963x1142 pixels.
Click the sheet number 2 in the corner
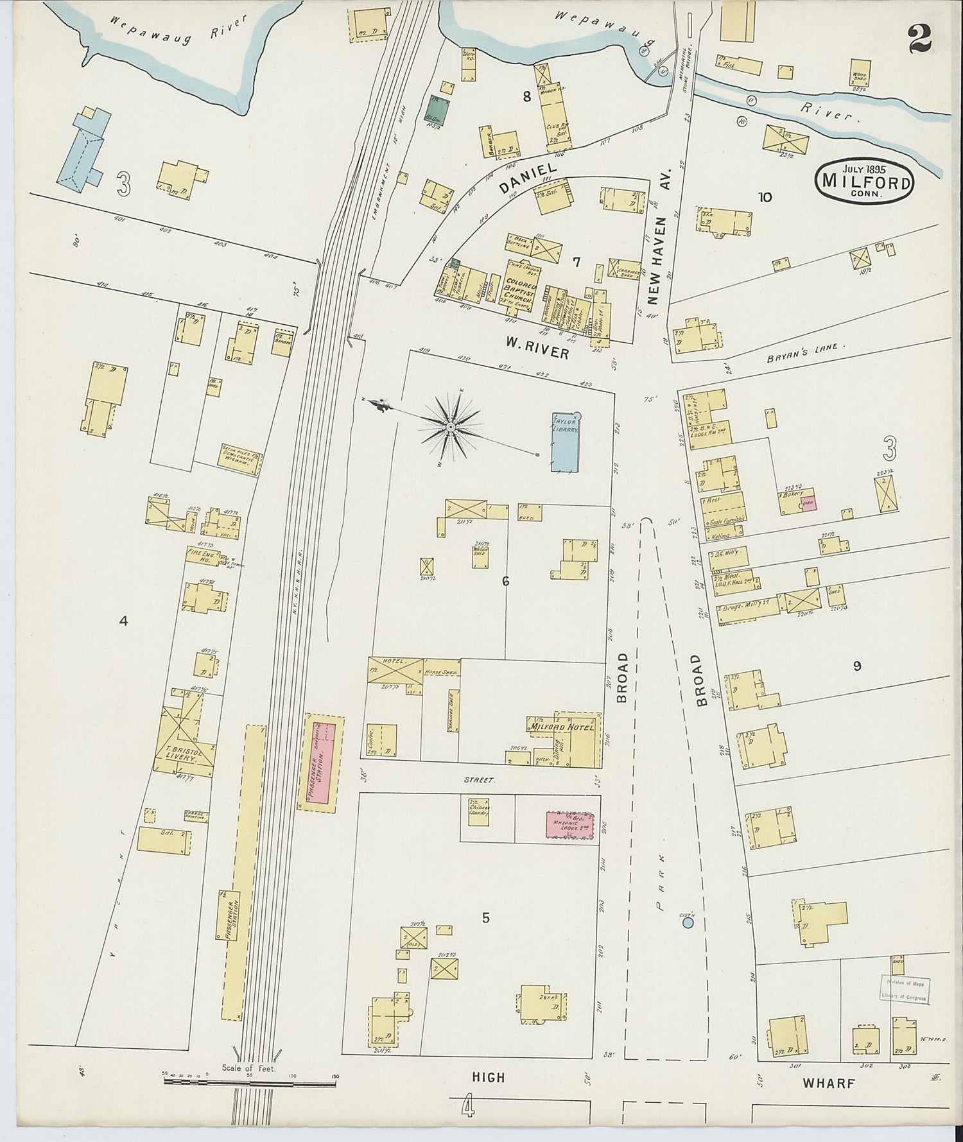pos(919,40)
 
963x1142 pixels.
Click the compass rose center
pos(451,427)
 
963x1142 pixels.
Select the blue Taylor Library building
pos(566,442)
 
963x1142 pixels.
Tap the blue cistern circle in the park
pos(688,923)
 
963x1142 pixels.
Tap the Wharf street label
pos(829,1084)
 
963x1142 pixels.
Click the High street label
pos(489,1078)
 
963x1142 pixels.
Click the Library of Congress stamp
pos(904,989)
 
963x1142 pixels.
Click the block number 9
pos(856,666)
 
